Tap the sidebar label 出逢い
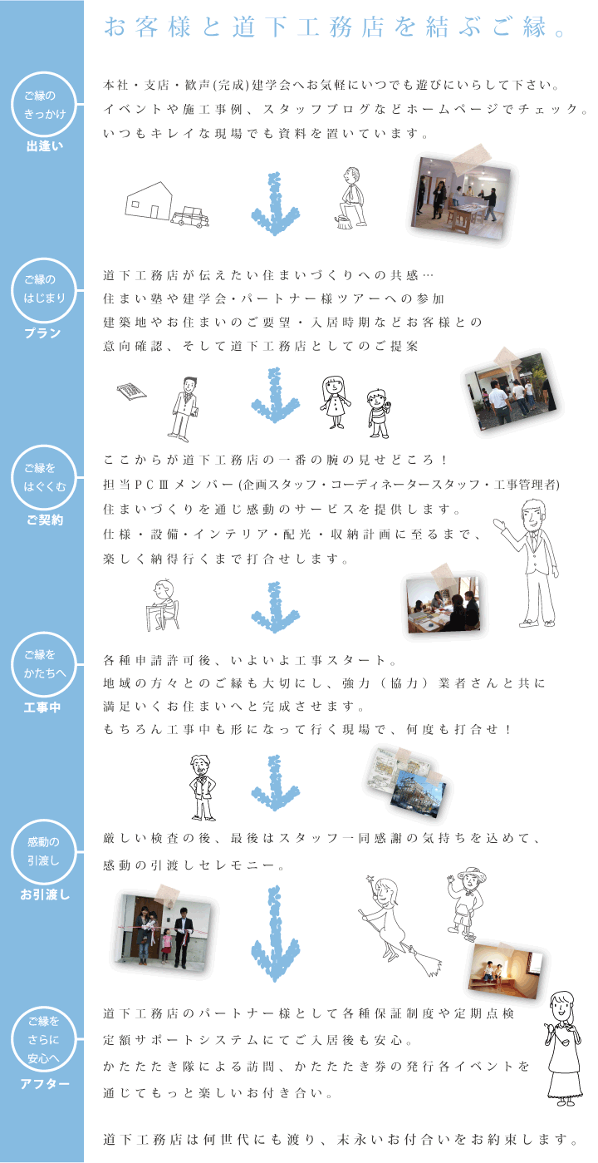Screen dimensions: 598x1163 (x=45, y=146)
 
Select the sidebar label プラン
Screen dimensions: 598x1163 (x=42, y=333)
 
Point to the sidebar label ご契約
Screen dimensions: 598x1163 (x=45, y=520)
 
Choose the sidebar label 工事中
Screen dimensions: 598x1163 (x=42, y=707)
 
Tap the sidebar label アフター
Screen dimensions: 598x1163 (x=45, y=1083)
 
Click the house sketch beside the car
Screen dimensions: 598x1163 (x=149, y=200)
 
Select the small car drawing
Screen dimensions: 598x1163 (x=190, y=217)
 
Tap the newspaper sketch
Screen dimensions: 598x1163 (x=131, y=391)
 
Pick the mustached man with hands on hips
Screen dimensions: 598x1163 (x=203, y=787)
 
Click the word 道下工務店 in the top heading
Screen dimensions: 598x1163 (x=308, y=27)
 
